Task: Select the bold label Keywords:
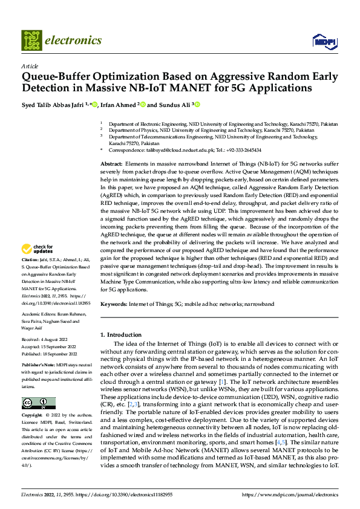(x=114, y=303)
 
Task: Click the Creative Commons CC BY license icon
(x=38, y=403)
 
